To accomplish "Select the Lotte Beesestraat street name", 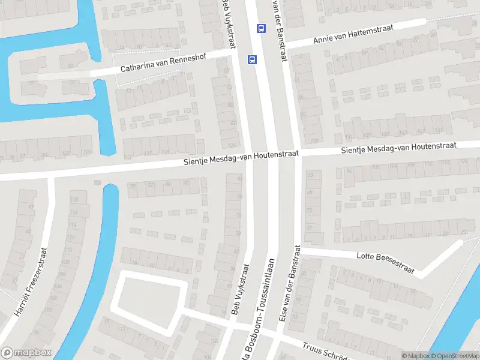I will [x=385, y=263].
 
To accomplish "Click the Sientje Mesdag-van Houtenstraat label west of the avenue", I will [x=241, y=159].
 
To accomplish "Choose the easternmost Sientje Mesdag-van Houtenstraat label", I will [x=398, y=148].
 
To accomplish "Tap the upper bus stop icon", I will [x=261, y=28].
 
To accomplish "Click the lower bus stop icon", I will [x=252, y=59].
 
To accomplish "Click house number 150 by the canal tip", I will [x=96, y=182].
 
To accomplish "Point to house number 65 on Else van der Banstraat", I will [x=310, y=175].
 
